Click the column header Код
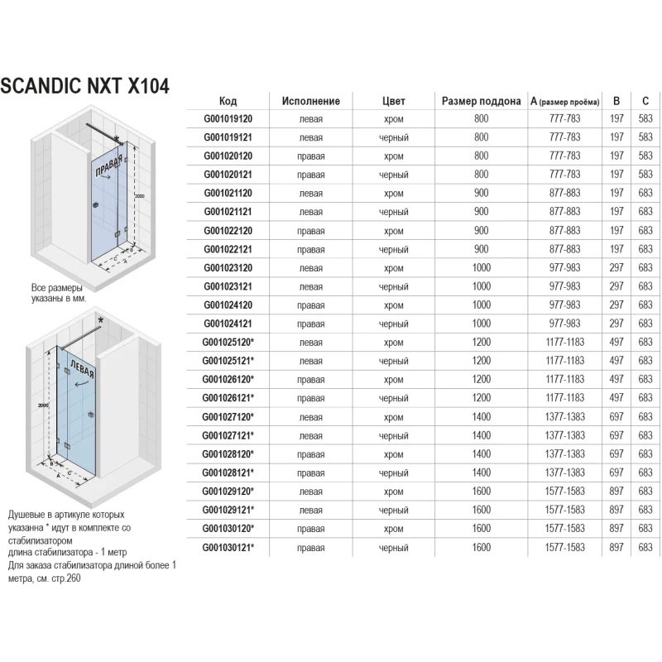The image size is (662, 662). [x=228, y=101]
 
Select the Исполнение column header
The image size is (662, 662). [x=310, y=101]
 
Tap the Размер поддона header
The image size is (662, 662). [x=482, y=101]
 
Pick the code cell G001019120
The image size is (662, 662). [x=228, y=119]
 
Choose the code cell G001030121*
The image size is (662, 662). [x=228, y=547]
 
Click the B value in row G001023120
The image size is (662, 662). [x=616, y=267]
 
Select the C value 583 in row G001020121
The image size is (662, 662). [x=645, y=175]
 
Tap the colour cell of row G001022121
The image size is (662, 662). [x=394, y=249]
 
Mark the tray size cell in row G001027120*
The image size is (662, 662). [x=482, y=418]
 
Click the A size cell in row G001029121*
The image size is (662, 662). [x=567, y=510]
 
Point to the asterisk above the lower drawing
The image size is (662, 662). [x=100, y=318]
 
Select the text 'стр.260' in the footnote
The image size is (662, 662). [x=70, y=578]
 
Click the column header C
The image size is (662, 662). [x=645, y=101]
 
